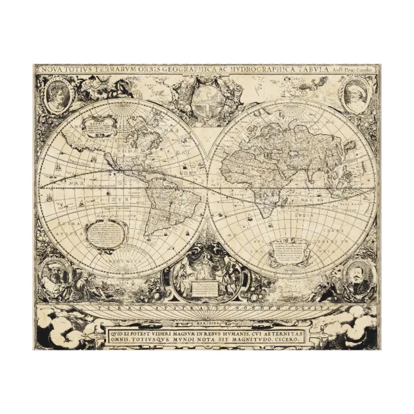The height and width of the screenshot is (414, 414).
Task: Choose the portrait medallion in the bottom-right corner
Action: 354,276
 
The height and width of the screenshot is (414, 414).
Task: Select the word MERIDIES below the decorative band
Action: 207,321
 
